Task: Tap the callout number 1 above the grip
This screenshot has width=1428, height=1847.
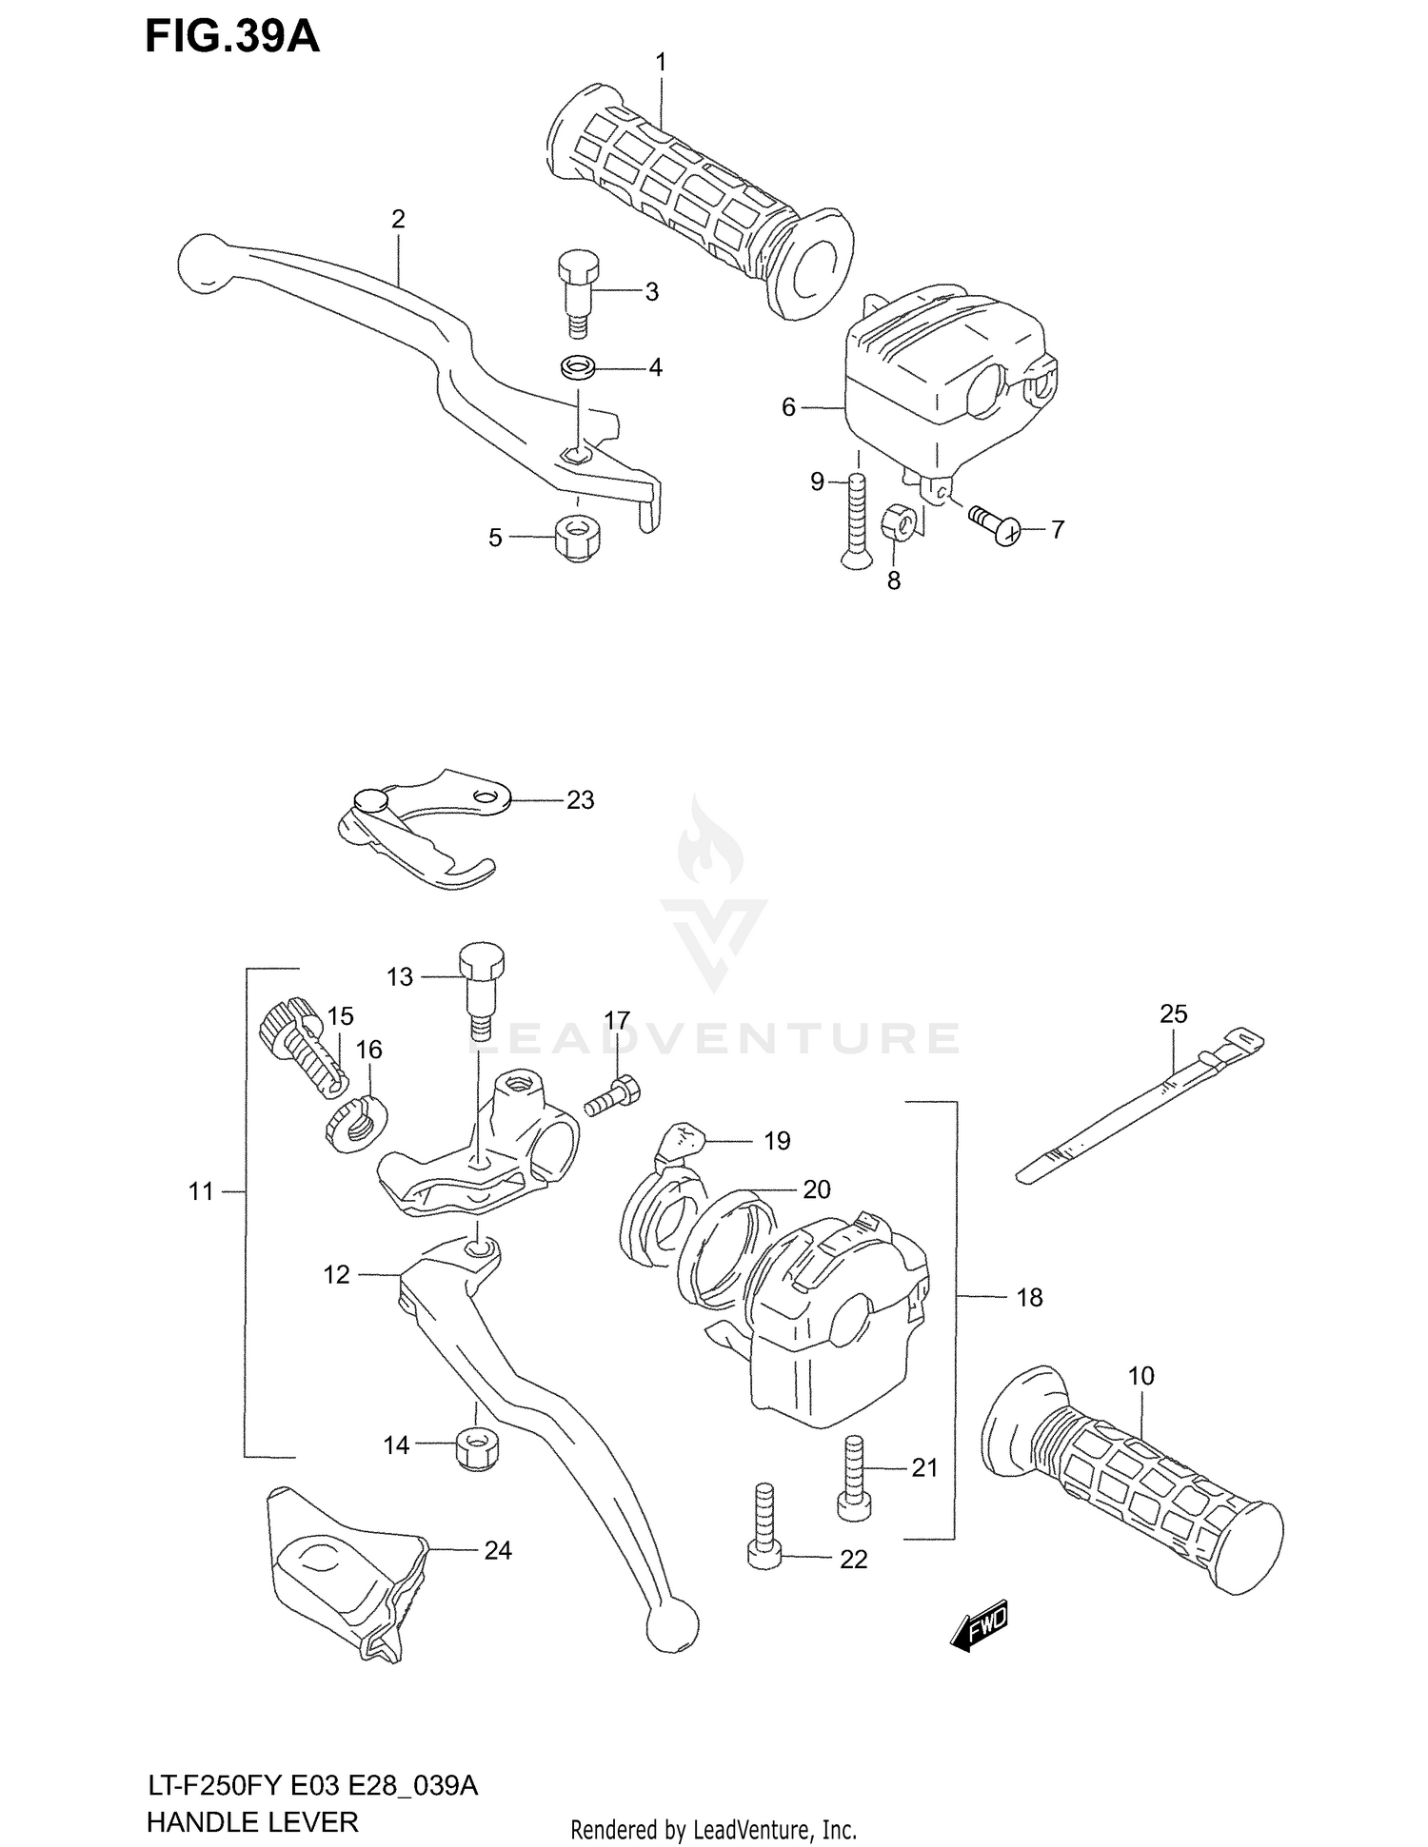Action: coord(661,63)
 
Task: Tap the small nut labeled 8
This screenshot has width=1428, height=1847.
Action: coord(900,522)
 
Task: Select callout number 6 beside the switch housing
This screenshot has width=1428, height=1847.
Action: coord(787,408)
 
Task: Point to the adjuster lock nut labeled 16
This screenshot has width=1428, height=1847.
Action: coord(355,1123)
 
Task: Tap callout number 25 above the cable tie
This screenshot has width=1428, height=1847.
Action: coord(1173,1014)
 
